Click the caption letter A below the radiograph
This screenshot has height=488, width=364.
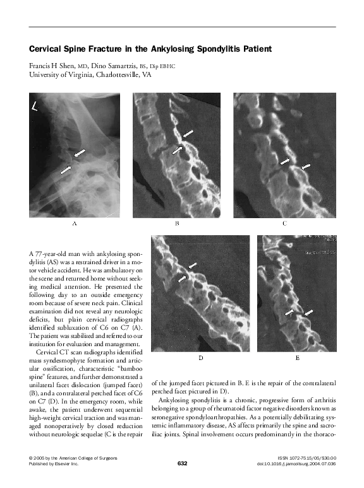[75, 223]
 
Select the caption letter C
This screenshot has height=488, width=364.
[284, 223]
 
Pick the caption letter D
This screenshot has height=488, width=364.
[200, 357]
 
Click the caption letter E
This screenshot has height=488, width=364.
[297, 357]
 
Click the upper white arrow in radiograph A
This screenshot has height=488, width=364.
[80, 153]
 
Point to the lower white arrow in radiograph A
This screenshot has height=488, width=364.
[66, 169]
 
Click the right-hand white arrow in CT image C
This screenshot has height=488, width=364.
[306, 166]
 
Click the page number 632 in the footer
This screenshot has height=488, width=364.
[182, 463]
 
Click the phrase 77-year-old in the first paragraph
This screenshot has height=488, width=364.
[56, 252]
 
